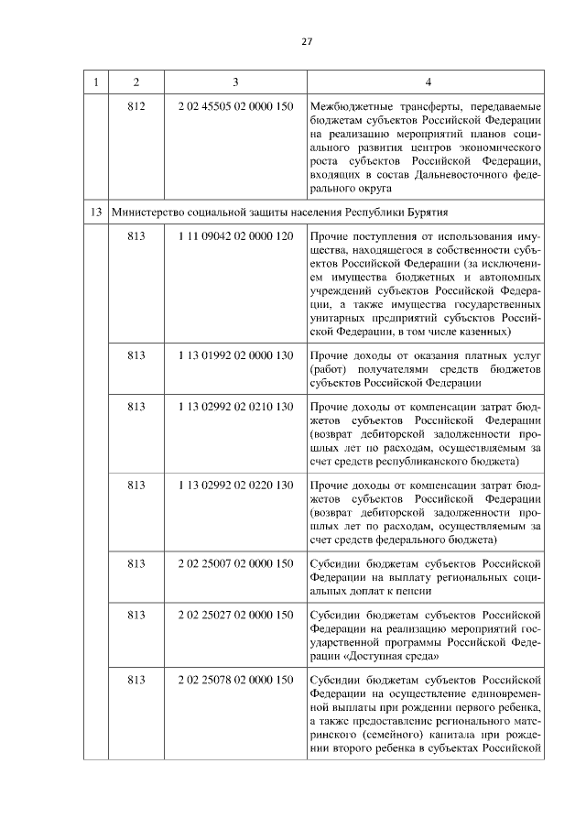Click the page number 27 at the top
pyautogui.click(x=307, y=41)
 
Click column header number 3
pyautogui.click(x=235, y=82)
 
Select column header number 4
pyautogui.click(x=428, y=82)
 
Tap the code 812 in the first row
pyautogui.click(x=137, y=106)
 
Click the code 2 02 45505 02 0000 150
pyautogui.click(x=235, y=106)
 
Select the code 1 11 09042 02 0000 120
pyautogui.click(x=235, y=235)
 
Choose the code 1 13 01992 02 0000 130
pyautogui.click(x=235, y=355)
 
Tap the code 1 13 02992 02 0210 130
pyautogui.click(x=235, y=405)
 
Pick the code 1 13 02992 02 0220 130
pyautogui.click(x=235, y=483)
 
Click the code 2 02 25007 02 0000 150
pyautogui.click(x=235, y=562)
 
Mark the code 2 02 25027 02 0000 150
pyautogui.click(x=235, y=614)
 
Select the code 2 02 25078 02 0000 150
pyautogui.click(x=235, y=679)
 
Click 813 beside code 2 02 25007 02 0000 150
pyautogui.click(x=137, y=562)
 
